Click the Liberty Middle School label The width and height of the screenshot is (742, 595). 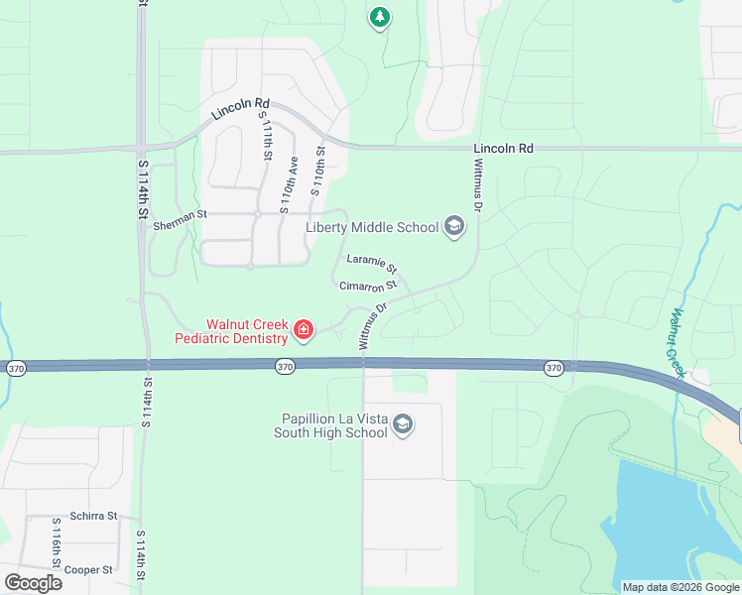click(x=371, y=227)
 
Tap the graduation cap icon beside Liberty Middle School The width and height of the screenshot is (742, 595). click(x=454, y=227)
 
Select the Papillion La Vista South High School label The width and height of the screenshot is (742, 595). click(x=331, y=424)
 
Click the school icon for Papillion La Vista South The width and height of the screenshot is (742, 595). click(x=403, y=425)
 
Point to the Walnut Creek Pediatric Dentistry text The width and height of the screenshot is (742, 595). click(x=231, y=331)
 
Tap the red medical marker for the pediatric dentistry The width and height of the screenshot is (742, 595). click(x=304, y=330)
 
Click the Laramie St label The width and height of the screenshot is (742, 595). click(x=372, y=265)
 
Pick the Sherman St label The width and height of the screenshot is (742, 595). click(x=180, y=227)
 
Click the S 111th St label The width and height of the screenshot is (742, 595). click(x=267, y=137)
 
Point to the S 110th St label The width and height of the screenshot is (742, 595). click(x=318, y=172)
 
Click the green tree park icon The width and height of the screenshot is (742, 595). click(x=379, y=18)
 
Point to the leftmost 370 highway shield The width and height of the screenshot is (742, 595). click(x=16, y=368)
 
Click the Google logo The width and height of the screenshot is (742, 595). click(x=33, y=582)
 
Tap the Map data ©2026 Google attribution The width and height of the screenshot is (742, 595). click(x=680, y=587)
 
